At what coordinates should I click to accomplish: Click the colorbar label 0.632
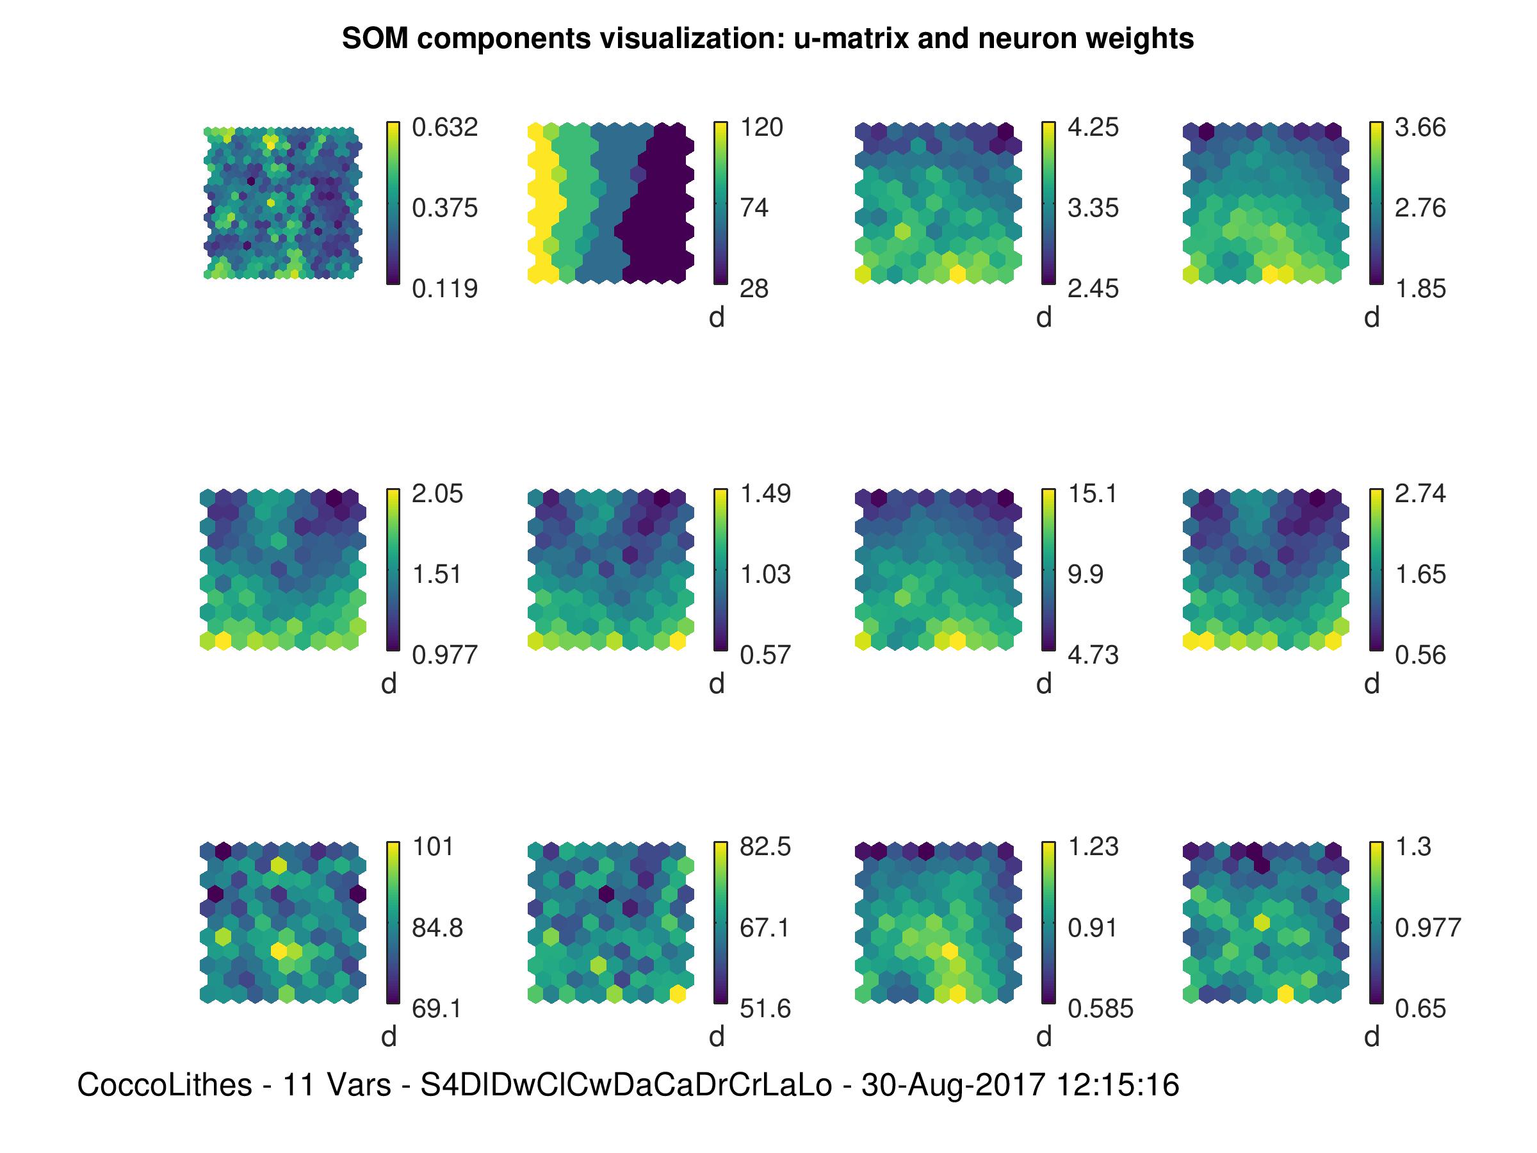[444, 127]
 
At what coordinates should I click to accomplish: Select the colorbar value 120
[761, 127]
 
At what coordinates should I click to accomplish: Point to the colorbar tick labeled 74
[754, 208]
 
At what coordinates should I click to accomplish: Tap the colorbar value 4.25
[1093, 127]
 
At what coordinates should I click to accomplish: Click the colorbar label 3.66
[1420, 127]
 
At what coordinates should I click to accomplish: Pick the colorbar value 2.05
[437, 493]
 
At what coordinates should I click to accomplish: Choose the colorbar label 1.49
[765, 493]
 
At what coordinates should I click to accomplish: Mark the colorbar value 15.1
[1093, 493]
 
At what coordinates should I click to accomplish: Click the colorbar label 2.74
[1420, 493]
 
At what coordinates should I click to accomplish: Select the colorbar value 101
[433, 847]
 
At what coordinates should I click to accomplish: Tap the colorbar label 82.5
[765, 847]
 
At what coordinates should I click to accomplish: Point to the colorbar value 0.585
[1101, 1008]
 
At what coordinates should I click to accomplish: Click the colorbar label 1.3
[1413, 847]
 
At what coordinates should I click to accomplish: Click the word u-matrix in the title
[852, 39]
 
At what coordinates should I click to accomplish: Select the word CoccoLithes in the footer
[164, 1085]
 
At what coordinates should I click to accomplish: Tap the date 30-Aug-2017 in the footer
[953, 1085]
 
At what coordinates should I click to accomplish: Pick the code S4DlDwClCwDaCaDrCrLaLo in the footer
[626, 1085]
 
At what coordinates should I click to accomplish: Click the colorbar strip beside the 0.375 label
[393, 208]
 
